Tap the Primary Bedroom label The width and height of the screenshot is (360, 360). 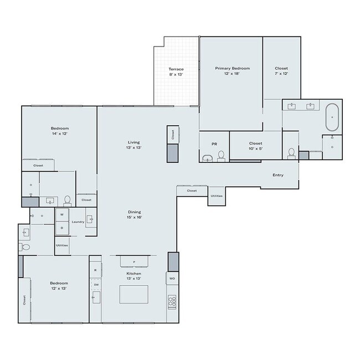pos(233,68)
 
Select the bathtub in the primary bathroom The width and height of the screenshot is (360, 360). pos(332,117)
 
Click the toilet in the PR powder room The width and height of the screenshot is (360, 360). pos(221,156)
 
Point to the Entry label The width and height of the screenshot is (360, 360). pos(278,175)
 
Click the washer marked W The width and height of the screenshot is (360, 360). pos(62,215)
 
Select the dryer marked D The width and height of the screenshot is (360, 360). pos(62,228)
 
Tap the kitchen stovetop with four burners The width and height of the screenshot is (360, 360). pos(172,302)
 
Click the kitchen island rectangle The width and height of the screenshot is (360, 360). pos(134,294)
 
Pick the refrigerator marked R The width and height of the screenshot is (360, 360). pos(95,270)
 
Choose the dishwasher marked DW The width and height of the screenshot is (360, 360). pos(96,285)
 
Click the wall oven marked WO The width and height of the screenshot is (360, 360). pos(172,279)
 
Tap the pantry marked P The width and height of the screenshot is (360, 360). pos(135,261)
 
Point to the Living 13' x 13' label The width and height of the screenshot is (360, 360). pos(133,145)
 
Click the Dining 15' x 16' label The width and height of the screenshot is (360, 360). pos(135,214)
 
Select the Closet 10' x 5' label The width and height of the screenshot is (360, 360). pos(255,146)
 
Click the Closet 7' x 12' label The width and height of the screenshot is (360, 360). pos(281,71)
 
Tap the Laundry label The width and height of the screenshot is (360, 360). pos(78,222)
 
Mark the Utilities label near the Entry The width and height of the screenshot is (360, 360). pos(217,196)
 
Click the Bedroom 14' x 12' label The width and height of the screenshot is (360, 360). pos(60,131)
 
